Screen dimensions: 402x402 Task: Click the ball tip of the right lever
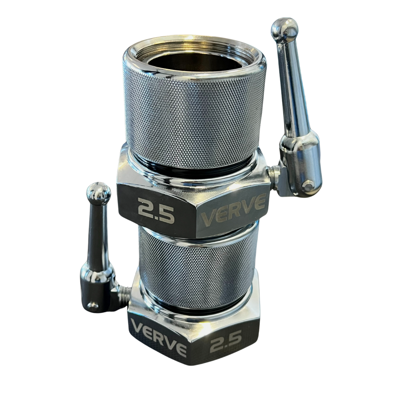tap(284, 29)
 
